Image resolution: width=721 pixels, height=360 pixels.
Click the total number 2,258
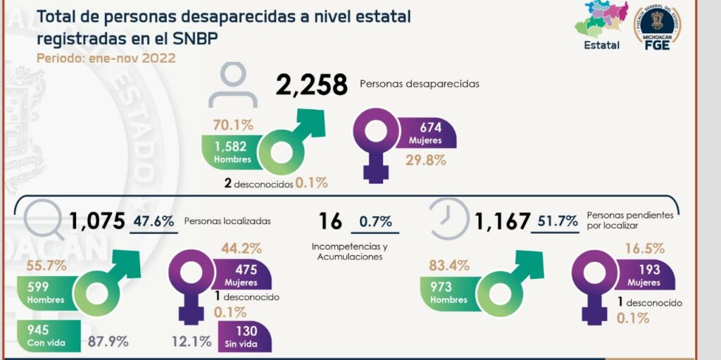tap(312, 85)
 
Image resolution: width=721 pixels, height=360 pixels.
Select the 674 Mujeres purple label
tap(428, 133)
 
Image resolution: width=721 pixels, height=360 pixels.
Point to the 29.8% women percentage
tap(426, 160)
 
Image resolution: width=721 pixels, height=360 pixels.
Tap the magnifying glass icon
tap(42, 216)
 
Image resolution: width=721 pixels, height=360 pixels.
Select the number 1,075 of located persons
tap(96, 222)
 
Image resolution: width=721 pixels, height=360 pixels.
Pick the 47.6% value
tap(155, 221)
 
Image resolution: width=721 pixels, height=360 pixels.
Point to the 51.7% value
tap(558, 222)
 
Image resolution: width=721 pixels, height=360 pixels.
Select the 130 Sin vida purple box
tap(244, 336)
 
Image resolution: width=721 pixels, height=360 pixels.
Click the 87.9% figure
tap(108, 342)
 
